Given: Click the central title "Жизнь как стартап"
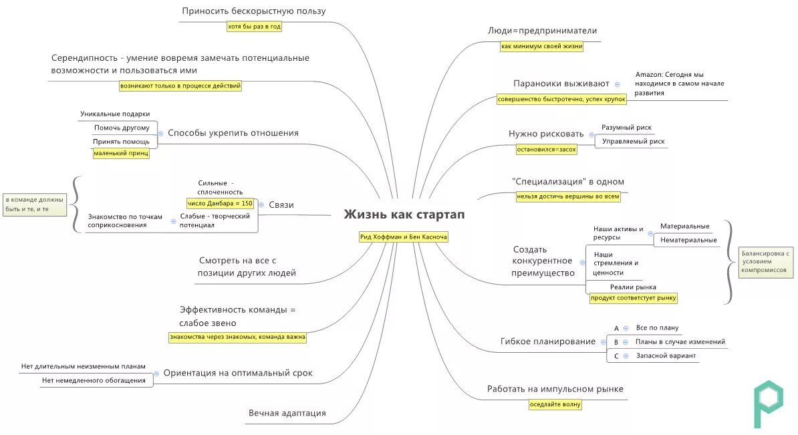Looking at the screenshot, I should pyautogui.click(x=404, y=215).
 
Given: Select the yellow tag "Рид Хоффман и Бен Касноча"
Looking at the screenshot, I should pyautogui.click(x=404, y=237).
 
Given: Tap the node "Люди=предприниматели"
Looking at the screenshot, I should pyautogui.click(x=542, y=31).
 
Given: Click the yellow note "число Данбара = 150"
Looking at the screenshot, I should pyautogui.click(x=221, y=203).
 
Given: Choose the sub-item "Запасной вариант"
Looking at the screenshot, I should pyautogui.click(x=666, y=356).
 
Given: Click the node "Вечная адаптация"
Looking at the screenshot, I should pyautogui.click(x=287, y=413).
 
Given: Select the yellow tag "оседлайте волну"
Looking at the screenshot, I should pyautogui.click(x=555, y=404).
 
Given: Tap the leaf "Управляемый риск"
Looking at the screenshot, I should pyautogui.click(x=632, y=142).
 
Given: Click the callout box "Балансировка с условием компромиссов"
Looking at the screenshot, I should pyautogui.click(x=767, y=262).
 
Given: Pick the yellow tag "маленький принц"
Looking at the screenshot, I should pyautogui.click(x=121, y=154).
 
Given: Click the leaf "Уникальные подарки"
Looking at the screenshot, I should pyautogui.click(x=115, y=114).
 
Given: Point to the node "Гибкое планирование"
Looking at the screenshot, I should pyautogui.click(x=548, y=341).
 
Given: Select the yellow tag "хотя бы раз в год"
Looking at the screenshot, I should pyautogui.click(x=254, y=27).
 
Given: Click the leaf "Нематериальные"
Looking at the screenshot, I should pyautogui.click(x=688, y=240).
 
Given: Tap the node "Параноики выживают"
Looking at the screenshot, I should pyautogui.click(x=561, y=84).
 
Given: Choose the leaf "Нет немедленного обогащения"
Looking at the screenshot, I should pyautogui.click(x=94, y=381).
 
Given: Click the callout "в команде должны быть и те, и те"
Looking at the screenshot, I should pyautogui.click(x=34, y=204).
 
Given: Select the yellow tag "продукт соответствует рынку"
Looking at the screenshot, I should pyautogui.click(x=634, y=298).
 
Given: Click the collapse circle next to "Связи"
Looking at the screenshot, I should pyautogui.click(x=261, y=205).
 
